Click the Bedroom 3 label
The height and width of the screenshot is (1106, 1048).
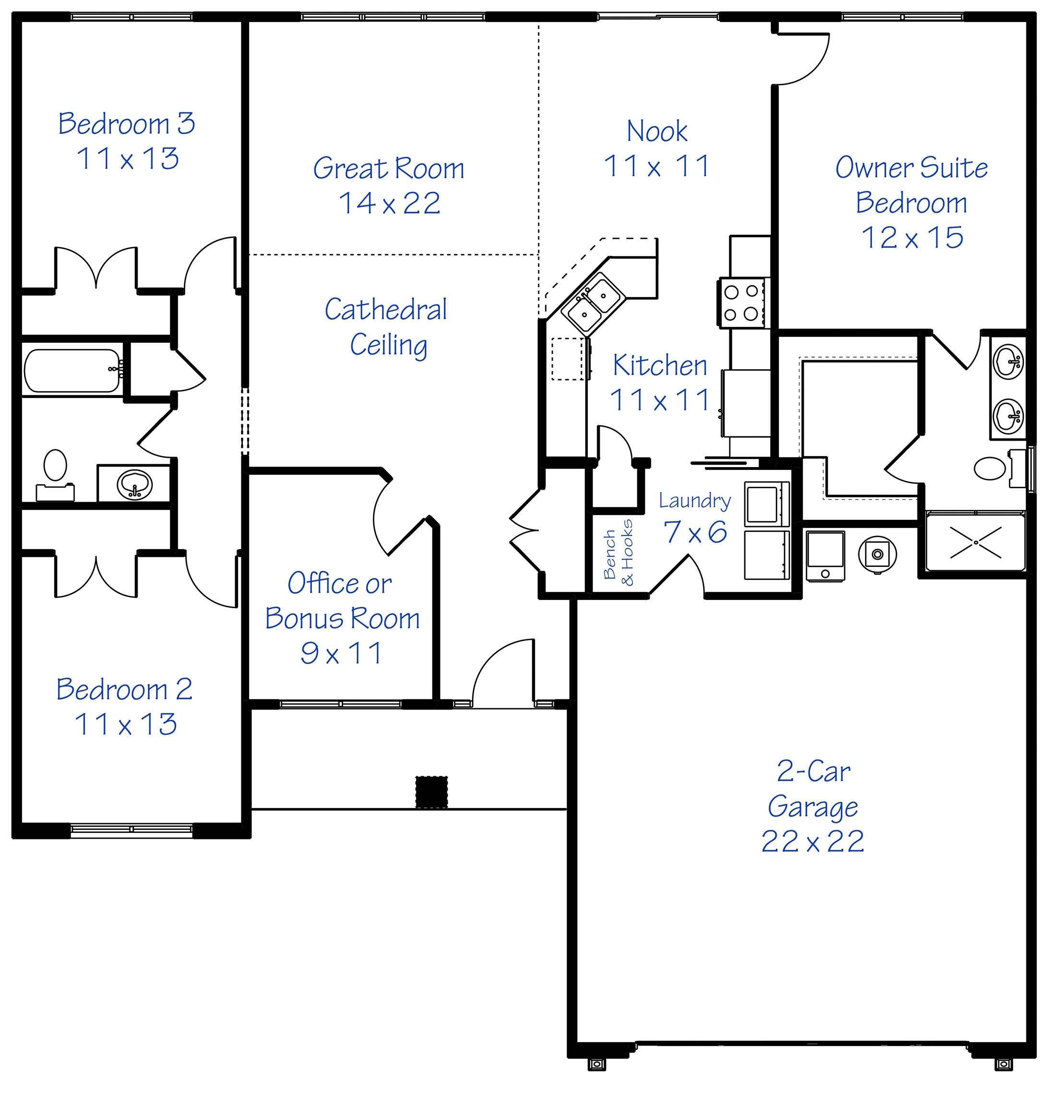[x=127, y=123]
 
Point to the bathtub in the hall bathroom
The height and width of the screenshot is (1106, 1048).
[x=71, y=371]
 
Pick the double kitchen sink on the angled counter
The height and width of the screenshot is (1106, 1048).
[x=593, y=302]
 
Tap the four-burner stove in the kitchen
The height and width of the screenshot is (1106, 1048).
[x=741, y=302]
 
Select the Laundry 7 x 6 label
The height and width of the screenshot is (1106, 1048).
[x=694, y=517]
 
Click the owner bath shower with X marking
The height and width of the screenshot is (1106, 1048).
[x=976, y=541]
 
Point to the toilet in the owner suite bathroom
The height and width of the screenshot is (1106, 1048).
[x=991, y=469]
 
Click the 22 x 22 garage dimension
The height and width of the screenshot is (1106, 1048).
[x=812, y=841]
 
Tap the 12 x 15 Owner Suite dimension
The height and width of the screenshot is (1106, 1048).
[x=912, y=238]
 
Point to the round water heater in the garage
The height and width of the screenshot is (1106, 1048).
[x=877, y=554]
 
